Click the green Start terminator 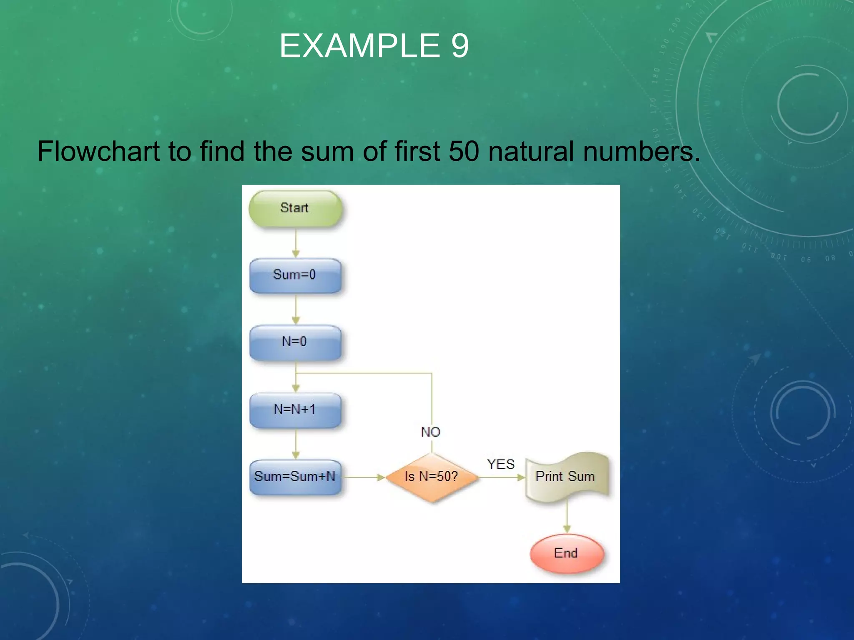[295, 208]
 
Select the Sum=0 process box [295, 275]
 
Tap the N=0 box [295, 342]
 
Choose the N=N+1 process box [295, 410]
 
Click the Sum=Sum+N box [295, 477]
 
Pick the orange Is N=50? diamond [432, 477]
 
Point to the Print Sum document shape [566, 477]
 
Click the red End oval [566, 553]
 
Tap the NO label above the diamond [431, 432]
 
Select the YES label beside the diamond [501, 465]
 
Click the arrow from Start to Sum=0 [296, 243]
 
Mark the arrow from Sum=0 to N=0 [296, 310]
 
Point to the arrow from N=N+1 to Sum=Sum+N [296, 444]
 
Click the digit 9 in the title [460, 46]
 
